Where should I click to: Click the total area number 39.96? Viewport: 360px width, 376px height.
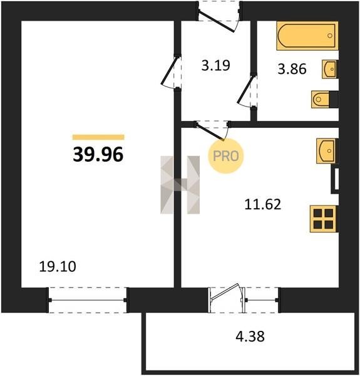point(98,154)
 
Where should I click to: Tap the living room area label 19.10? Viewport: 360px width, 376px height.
point(58,267)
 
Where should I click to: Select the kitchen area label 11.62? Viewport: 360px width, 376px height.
point(263,204)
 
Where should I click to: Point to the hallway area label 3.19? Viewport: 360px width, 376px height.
point(216,65)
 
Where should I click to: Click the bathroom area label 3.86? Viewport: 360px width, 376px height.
point(292,69)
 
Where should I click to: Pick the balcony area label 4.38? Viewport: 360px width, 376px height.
point(250,336)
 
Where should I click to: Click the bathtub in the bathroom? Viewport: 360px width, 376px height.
point(307,36)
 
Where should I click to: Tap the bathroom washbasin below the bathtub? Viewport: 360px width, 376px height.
point(330,70)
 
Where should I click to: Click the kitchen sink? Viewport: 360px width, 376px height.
point(326,151)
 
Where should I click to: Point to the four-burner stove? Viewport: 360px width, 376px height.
point(323,219)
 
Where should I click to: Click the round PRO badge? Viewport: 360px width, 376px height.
point(226,156)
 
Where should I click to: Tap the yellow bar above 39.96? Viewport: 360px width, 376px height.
point(98,137)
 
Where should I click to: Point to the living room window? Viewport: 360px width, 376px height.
point(88,300)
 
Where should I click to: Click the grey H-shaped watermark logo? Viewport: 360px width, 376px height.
point(180,185)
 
